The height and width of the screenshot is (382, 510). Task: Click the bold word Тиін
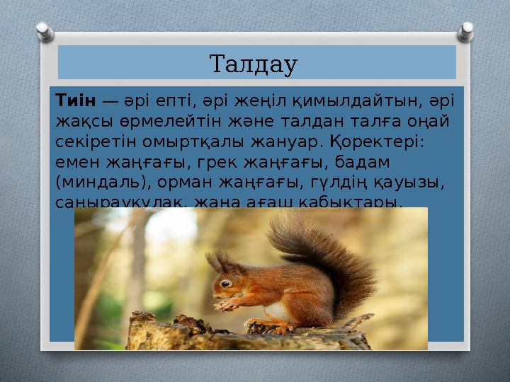74,102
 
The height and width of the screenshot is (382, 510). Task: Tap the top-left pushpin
44,31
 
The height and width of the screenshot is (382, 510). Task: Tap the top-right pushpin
466,29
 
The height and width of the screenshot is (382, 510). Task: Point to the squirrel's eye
225,283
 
